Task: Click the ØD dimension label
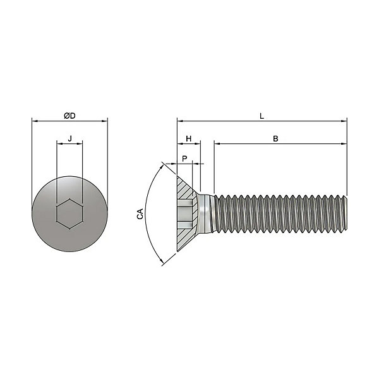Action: point(69,116)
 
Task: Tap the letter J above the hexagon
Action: point(70,139)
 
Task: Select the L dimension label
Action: point(262,116)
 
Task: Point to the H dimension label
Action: point(188,139)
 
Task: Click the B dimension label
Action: point(275,139)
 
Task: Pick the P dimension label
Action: point(184,159)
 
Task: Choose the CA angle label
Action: point(140,214)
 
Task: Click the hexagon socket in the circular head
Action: point(69,214)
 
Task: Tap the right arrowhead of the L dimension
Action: point(344,121)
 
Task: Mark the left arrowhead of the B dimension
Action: point(217,143)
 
